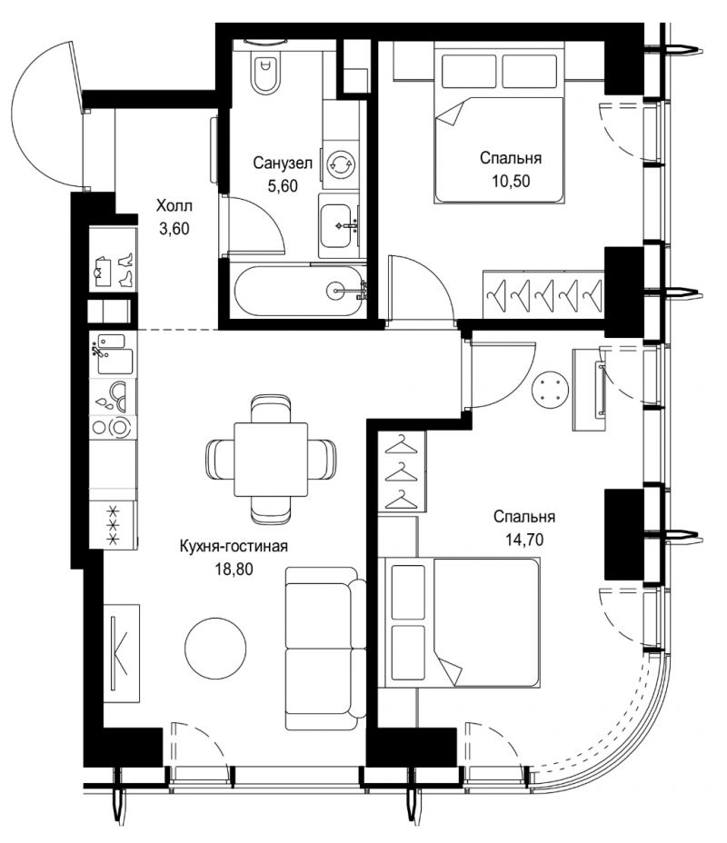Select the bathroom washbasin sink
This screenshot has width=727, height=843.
339,226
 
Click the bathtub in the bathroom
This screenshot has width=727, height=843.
300,291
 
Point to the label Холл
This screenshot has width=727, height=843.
174,206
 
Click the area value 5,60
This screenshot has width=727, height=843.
283,186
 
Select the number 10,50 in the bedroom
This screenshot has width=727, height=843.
511,181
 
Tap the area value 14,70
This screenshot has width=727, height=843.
524,540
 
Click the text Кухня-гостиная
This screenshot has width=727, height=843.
234,546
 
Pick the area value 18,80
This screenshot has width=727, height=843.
234,569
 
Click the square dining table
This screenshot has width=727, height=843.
271,459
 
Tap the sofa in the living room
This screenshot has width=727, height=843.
324,649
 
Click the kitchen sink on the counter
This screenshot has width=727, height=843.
113,354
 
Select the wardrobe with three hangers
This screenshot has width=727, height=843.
402,471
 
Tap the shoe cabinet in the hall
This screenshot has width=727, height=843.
113,261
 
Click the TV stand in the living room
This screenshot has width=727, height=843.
122,653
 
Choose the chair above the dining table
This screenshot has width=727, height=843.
271,409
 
